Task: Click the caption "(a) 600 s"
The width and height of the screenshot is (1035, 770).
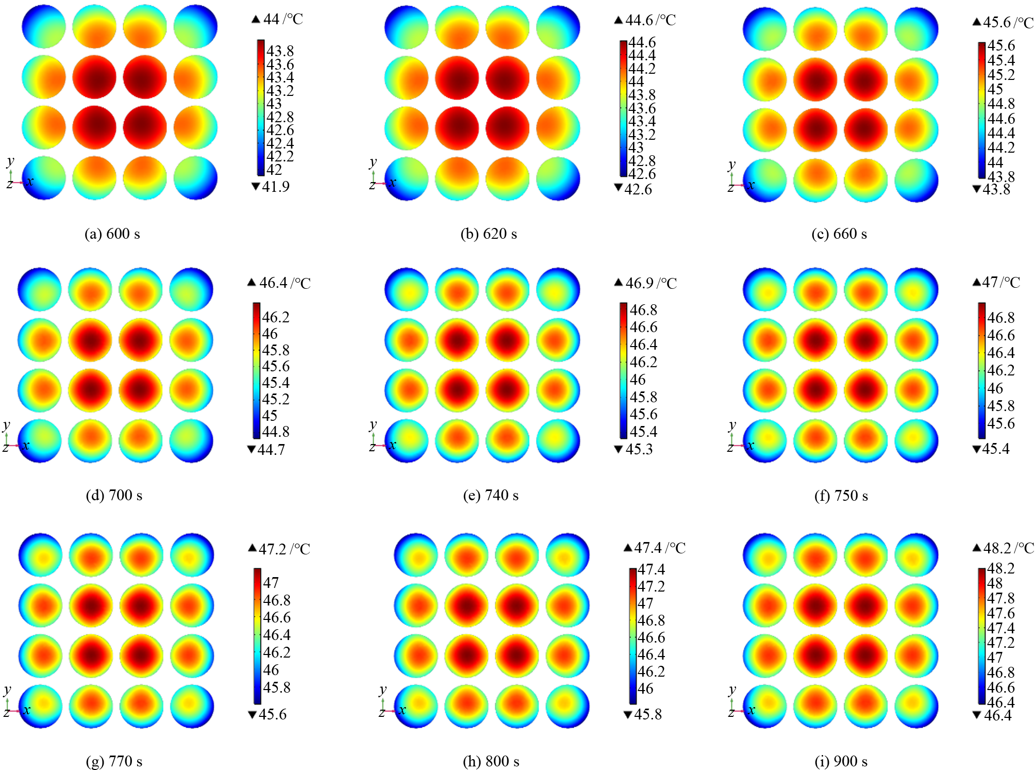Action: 112,234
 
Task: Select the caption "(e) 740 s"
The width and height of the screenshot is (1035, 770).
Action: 491,496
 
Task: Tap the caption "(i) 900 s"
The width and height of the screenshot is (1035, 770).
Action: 841,761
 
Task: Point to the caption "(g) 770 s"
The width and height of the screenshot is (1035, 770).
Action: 114,761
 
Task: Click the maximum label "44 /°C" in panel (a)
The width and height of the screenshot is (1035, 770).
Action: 283,20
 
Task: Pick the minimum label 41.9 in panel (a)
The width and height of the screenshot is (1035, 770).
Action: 276,187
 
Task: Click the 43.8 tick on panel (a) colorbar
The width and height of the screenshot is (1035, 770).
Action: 280,51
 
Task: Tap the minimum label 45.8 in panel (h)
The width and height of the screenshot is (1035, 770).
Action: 648,714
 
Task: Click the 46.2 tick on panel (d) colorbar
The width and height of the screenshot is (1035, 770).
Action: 276,317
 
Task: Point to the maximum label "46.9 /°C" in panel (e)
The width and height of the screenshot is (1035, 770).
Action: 651,283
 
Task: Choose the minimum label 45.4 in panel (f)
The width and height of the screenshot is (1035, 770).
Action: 996,449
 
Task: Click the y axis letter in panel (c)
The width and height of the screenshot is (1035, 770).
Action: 731,165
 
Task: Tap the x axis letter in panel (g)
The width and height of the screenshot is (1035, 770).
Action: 27,710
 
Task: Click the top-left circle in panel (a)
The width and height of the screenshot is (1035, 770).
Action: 44,27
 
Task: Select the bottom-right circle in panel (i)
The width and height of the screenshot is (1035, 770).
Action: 916,706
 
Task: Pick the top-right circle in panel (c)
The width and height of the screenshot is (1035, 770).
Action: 916,29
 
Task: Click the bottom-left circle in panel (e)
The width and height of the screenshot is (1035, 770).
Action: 407,441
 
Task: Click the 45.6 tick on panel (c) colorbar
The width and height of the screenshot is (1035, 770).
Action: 1001,45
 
